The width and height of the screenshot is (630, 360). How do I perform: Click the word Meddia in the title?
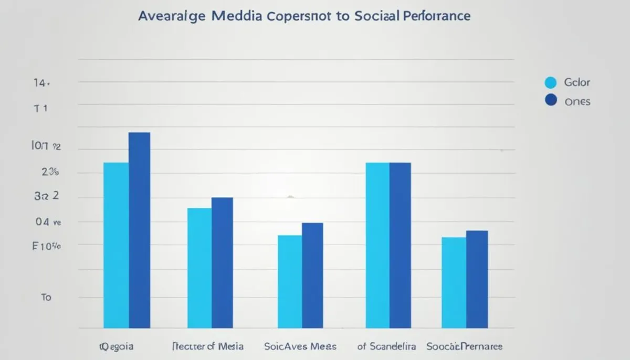coord(238,16)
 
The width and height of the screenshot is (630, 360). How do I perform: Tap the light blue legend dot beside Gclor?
coord(550,82)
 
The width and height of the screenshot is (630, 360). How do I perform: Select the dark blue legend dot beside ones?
coord(550,100)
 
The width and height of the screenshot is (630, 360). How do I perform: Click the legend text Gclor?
coord(577,82)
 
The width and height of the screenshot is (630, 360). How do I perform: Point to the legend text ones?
coord(577,101)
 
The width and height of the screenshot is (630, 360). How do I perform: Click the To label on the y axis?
coord(46,297)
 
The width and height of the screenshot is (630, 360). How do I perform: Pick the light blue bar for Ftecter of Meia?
coord(199,268)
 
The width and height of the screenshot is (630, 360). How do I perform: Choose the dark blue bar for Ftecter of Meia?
coord(222,262)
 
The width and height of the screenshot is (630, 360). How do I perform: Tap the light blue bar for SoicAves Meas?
coord(290,281)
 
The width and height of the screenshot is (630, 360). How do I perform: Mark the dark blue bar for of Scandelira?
coord(400,245)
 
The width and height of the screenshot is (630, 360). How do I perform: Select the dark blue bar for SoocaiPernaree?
coord(477,279)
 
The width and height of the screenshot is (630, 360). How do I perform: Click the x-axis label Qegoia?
coord(117,346)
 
